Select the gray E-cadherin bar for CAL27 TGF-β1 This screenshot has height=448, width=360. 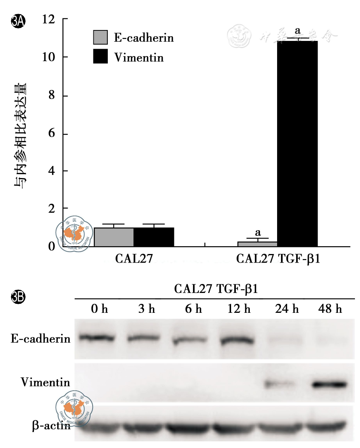tap(257, 244)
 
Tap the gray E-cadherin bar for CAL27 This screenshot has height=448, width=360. tap(114, 237)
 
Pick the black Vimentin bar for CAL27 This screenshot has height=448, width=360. tap(154, 237)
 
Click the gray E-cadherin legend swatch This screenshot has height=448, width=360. tap(100, 38)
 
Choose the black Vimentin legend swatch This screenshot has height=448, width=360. tap(100, 58)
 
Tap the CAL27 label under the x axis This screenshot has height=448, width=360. tap(133, 259)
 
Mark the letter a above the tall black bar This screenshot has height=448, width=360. tap(298, 30)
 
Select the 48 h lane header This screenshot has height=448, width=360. tap(329, 310)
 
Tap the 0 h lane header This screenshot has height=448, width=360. tap(99, 310)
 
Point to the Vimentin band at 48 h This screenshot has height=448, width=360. tap(329, 384)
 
